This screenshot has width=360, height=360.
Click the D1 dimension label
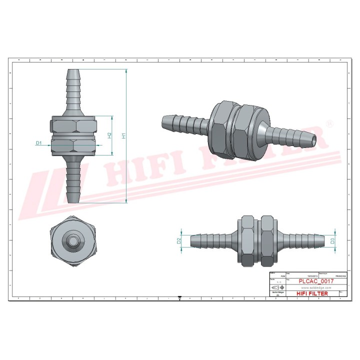click(38, 142)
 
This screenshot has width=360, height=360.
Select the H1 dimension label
click(123, 135)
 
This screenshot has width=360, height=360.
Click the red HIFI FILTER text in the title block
click(312, 293)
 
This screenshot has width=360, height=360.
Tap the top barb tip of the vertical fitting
click(73, 70)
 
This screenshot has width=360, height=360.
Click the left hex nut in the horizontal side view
click(247, 240)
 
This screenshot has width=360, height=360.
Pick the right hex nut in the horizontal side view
click(267, 240)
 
